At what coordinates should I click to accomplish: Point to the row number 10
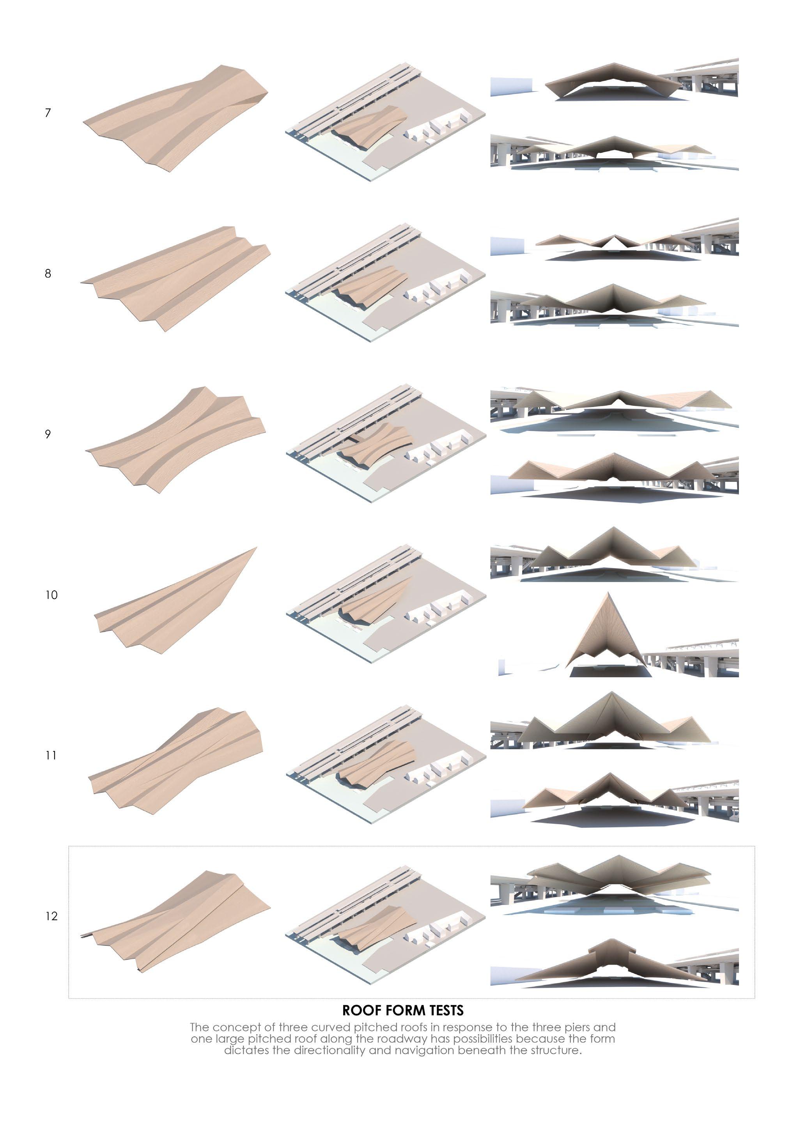pos(51,595)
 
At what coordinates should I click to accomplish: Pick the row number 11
pos(51,755)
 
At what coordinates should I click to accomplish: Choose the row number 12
pos(51,916)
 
